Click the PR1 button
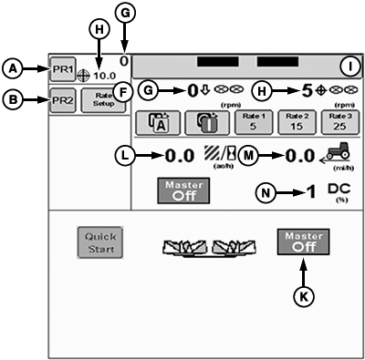[x=63, y=69]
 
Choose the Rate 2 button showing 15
[x=296, y=121]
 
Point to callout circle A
[x=13, y=68]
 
